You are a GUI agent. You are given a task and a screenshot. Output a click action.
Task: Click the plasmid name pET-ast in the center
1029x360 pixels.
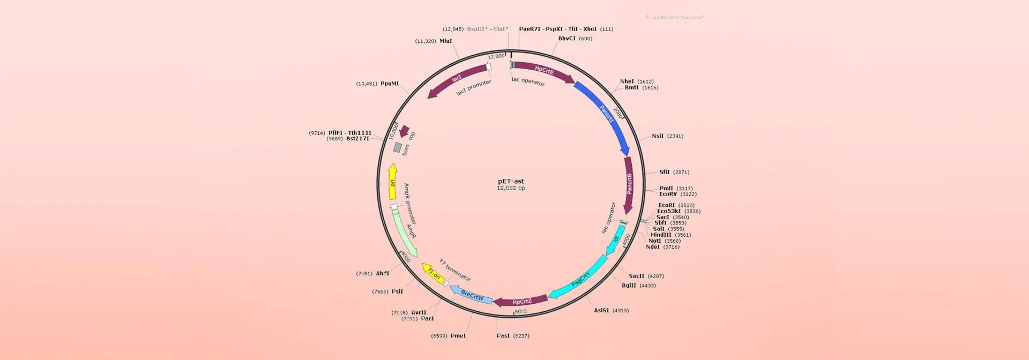[511, 181]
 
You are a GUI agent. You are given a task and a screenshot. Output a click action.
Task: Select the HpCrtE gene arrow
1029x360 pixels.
[543, 71]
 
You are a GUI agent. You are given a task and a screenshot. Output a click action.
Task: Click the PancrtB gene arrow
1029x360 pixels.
[629, 183]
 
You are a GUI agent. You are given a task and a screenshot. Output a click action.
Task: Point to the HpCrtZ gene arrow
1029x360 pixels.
[521, 302]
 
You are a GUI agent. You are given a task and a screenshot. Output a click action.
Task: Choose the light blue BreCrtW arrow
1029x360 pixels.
[472, 295]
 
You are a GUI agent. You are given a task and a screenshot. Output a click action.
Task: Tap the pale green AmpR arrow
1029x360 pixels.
[406, 234]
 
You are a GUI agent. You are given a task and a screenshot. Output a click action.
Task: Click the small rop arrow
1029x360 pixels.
[405, 131]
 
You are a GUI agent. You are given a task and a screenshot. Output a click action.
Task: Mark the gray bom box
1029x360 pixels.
[398, 147]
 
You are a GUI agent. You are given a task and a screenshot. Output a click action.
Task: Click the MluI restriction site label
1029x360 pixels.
[445, 41]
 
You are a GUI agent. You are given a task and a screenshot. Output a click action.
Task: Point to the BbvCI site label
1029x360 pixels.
[566, 39]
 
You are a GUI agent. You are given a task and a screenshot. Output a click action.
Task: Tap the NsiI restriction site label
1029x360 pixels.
[658, 136]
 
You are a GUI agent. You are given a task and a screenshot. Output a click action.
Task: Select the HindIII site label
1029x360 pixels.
[661, 235]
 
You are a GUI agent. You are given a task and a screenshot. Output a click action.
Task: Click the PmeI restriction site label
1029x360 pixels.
[458, 336]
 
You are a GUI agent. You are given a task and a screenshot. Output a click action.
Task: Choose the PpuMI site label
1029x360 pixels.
[389, 84]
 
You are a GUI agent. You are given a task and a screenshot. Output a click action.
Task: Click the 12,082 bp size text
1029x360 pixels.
[511, 189]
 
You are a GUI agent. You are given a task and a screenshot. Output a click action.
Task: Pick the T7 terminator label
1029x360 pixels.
[455, 270]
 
